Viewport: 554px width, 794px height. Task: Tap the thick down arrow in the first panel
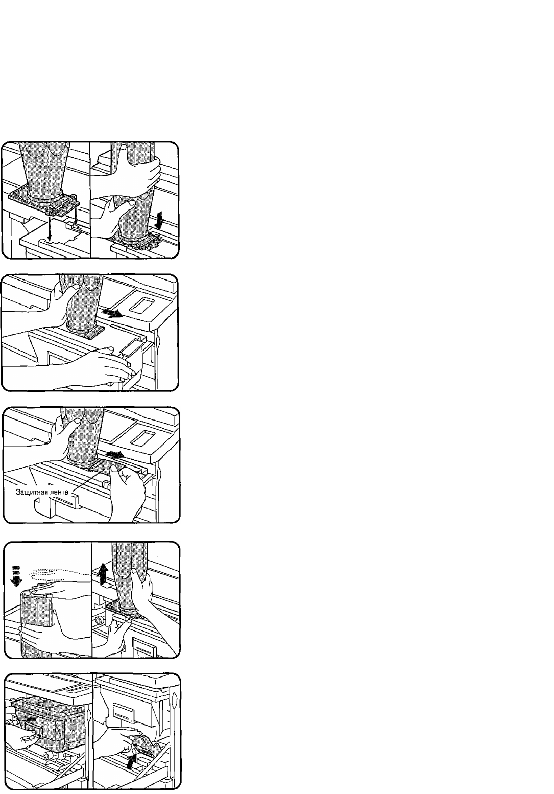coord(160,219)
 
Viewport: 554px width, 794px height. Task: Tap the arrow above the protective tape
coord(114,454)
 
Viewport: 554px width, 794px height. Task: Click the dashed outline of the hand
coord(60,574)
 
